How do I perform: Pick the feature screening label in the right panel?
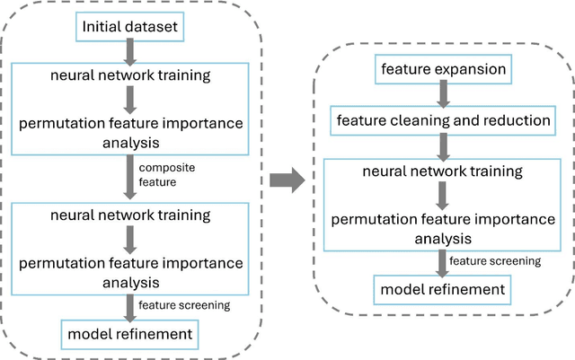(495, 261)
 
